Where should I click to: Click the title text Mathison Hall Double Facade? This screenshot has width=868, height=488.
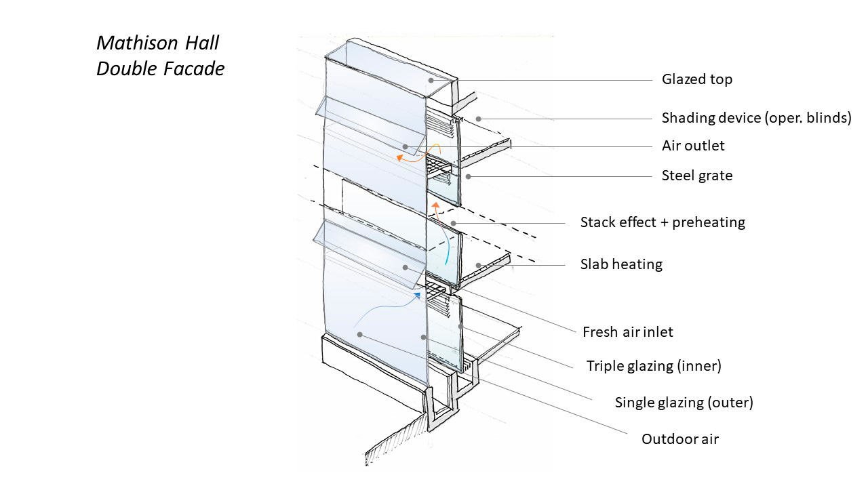coord(161,56)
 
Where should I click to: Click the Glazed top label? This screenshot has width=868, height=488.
coord(697,79)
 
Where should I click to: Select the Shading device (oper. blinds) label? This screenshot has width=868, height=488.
coord(756,118)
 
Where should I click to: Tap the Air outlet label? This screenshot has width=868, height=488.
coord(693,146)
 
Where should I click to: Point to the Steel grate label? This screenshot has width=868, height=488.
coord(697,176)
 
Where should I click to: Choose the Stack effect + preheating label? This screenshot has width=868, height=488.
coord(663,222)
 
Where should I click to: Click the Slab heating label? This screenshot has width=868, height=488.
coord(621,264)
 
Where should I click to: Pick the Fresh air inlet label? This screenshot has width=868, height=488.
coord(628,332)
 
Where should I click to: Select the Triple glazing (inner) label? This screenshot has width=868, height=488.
coord(654,366)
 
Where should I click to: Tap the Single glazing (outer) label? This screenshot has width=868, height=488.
coord(684,402)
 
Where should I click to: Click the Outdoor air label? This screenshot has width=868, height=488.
coord(680,439)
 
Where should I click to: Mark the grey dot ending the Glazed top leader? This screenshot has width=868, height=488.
coord(431,80)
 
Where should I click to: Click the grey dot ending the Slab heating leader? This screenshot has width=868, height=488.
coord(478,264)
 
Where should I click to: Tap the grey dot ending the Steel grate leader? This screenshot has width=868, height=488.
coord(468,176)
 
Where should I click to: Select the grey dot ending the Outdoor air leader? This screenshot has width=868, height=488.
coord(359,333)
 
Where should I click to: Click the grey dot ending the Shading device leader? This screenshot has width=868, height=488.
coord(478,119)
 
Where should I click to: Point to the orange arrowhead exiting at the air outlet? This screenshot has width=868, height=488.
coord(400,157)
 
